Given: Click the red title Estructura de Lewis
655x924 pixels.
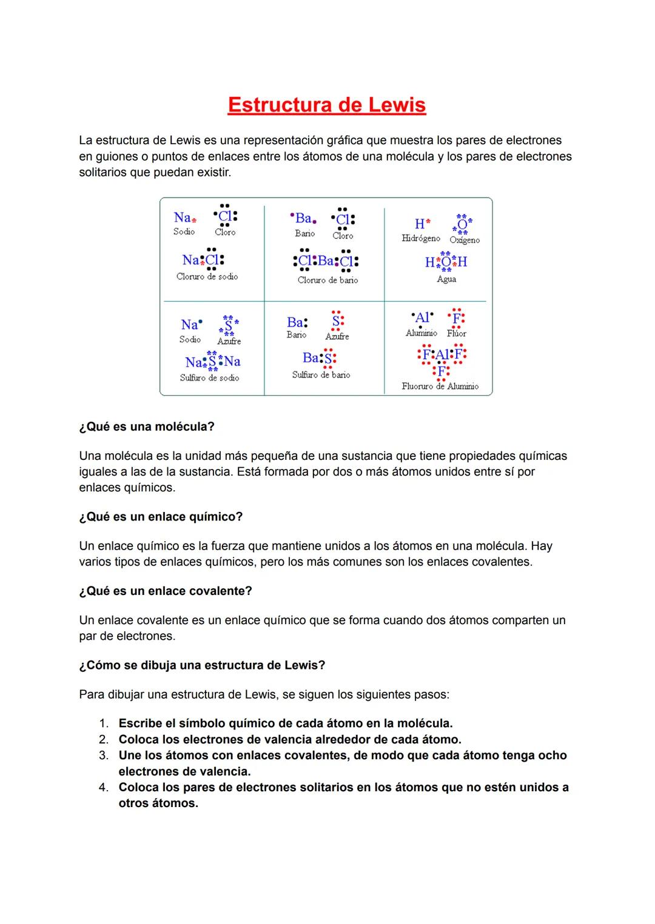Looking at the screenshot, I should click(327, 105).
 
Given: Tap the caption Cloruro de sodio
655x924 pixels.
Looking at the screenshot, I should click(207, 277).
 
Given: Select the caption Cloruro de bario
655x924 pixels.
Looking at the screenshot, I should click(327, 281).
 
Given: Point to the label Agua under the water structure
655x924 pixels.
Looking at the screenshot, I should click(446, 279).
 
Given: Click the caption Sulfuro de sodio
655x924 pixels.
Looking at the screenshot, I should click(209, 378).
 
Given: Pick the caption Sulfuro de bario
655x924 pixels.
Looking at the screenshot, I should click(321, 375).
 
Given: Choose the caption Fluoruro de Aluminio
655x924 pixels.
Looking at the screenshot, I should click(440, 387).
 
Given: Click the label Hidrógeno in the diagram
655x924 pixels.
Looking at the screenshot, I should click(420, 239).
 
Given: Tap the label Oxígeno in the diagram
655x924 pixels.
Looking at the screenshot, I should click(465, 241).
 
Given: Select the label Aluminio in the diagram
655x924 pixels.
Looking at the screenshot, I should click(421, 333).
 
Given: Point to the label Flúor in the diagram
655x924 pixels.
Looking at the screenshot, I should click(456, 334).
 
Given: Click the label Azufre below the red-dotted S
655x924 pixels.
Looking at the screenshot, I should click(337, 337).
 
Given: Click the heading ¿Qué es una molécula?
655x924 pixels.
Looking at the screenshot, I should click(147, 427).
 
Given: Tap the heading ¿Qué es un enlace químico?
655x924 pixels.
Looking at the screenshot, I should click(161, 517).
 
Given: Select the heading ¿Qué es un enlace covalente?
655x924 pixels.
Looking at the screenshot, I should click(166, 591).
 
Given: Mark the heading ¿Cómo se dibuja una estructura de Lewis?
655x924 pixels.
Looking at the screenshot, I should click(202, 665).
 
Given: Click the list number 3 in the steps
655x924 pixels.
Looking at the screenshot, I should click(104, 756).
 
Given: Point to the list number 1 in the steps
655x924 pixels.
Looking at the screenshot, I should click(104, 723).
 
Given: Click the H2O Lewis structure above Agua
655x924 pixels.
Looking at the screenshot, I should click(446, 261).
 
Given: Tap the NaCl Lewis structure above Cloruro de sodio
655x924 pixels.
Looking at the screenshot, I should click(203, 259).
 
